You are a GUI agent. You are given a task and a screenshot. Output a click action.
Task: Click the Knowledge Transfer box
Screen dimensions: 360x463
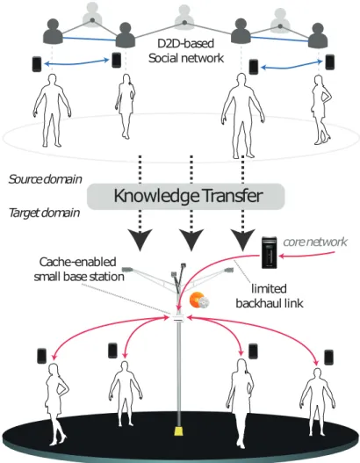(x=185, y=197)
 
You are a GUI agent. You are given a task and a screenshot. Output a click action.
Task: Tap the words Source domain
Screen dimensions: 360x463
(x=45, y=179)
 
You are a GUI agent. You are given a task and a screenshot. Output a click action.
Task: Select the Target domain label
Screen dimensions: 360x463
(x=44, y=213)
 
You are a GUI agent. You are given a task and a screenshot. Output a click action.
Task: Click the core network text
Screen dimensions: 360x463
(x=315, y=242)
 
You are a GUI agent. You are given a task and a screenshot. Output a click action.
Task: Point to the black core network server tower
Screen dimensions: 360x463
(x=269, y=252)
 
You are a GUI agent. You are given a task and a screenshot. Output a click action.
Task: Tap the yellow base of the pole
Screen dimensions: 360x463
(x=178, y=431)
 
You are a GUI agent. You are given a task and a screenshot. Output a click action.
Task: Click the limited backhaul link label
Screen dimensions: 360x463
(x=269, y=296)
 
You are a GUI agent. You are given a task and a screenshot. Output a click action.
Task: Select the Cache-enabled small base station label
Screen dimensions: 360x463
(x=79, y=270)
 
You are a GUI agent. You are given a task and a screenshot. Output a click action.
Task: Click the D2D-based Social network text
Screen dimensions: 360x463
(x=186, y=51)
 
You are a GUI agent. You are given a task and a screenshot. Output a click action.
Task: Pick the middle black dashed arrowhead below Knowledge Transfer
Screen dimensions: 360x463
(x=191, y=239)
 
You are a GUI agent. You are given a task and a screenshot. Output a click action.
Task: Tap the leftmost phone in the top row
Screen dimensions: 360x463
(x=37, y=64)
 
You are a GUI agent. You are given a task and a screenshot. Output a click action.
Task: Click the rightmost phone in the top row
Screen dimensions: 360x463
(x=329, y=62)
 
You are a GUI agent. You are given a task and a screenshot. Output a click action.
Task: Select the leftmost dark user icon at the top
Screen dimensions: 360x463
(x=53, y=32)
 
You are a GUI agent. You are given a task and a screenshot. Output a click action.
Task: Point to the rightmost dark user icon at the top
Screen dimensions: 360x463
(x=318, y=35)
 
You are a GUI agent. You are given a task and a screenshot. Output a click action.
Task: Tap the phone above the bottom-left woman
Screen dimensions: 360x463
(x=42, y=356)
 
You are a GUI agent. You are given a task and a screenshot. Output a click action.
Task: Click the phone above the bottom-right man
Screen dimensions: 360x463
(x=328, y=357)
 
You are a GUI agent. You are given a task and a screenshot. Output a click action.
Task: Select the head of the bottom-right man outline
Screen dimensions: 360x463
(x=317, y=373)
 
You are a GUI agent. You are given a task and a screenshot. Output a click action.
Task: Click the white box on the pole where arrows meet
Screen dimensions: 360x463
(x=178, y=318)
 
